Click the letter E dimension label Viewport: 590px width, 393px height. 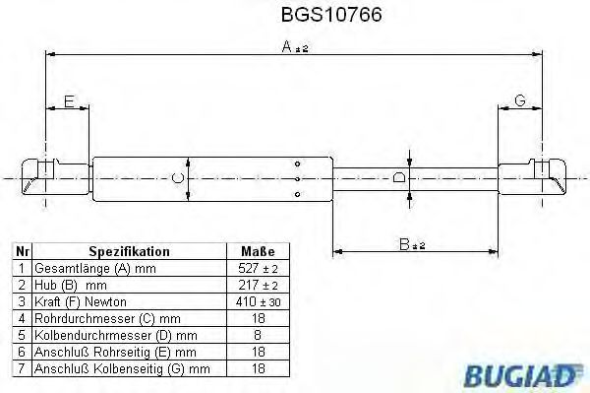(x=68, y=101)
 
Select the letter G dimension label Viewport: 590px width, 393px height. (x=520, y=101)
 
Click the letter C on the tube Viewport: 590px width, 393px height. (x=176, y=178)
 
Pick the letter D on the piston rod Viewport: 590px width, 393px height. (x=398, y=178)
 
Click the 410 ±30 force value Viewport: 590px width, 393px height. (x=258, y=301)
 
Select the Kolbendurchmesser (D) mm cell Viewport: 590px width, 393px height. (x=102, y=335)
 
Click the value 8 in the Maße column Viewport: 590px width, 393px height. (x=258, y=335)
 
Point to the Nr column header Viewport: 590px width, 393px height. (x=22, y=251)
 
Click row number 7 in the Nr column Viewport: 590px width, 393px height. (x=22, y=368)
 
